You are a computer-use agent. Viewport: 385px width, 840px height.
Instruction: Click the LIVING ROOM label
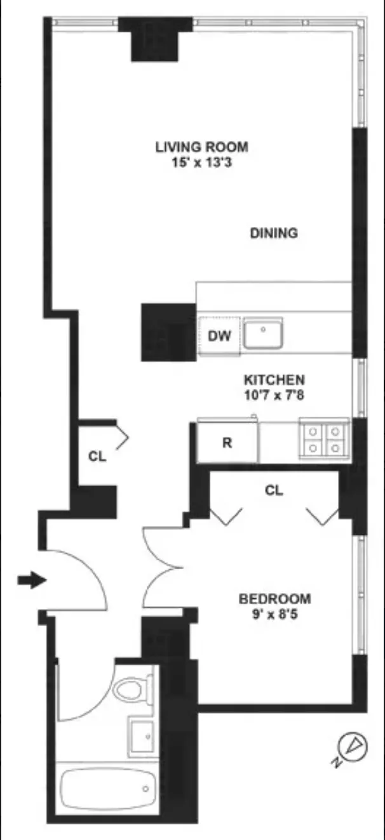pyautogui.click(x=201, y=147)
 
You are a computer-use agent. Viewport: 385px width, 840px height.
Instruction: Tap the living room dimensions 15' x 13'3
pyautogui.click(x=201, y=162)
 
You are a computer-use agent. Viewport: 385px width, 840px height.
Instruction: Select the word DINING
pyautogui.click(x=273, y=233)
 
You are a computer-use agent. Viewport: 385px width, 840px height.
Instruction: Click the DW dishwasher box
pyautogui.click(x=219, y=336)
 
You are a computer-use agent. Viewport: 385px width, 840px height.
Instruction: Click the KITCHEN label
pyautogui.click(x=274, y=380)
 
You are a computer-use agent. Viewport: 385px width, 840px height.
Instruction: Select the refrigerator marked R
pyautogui.click(x=227, y=443)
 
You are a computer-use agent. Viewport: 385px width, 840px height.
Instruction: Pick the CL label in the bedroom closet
pyautogui.click(x=274, y=490)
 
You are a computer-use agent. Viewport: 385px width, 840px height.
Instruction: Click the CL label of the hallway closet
pyautogui.click(x=97, y=456)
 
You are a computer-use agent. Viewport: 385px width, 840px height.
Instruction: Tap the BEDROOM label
pyautogui.click(x=274, y=598)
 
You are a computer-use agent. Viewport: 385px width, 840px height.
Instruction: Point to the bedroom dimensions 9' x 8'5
pyautogui.click(x=274, y=614)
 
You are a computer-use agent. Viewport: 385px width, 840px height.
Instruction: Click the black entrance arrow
pyautogui.click(x=31, y=579)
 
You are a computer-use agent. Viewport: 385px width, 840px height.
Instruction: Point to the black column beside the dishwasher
pyautogui.click(x=168, y=332)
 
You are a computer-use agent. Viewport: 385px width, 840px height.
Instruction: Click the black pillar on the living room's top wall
pyautogui.click(x=155, y=38)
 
